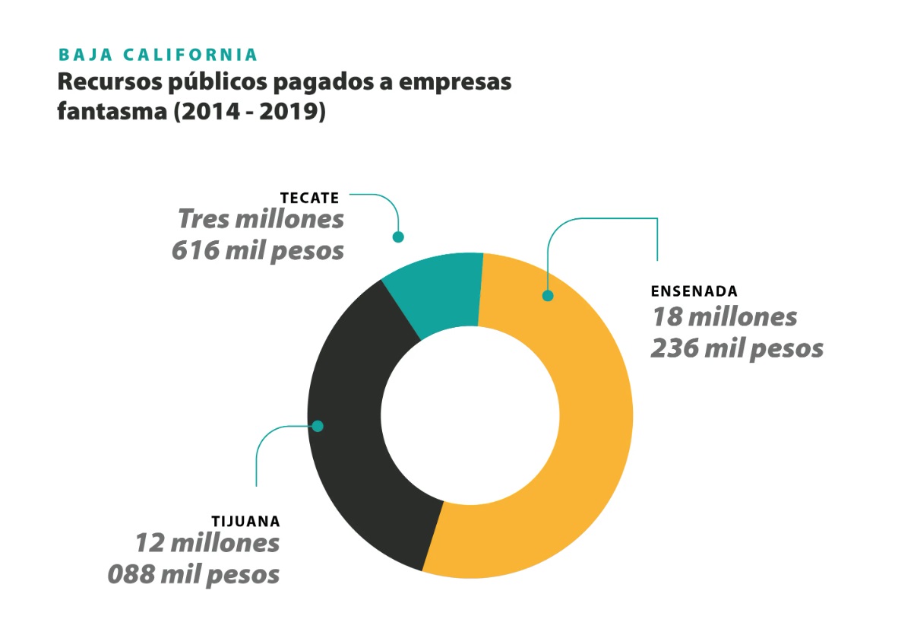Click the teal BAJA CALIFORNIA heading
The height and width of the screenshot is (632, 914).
click(158, 55)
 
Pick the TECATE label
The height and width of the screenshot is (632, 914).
click(309, 198)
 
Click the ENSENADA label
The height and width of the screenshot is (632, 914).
click(694, 291)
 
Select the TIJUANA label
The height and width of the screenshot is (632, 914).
click(245, 522)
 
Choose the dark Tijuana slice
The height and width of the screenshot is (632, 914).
click(357, 426)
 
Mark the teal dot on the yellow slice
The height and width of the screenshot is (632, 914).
click(547, 296)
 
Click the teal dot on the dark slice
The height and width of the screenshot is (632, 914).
click(318, 426)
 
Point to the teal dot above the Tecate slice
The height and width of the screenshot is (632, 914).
click(397, 237)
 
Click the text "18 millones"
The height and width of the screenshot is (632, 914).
click(724, 316)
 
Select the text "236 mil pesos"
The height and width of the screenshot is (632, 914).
click(737, 348)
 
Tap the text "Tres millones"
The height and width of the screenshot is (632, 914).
click(261, 220)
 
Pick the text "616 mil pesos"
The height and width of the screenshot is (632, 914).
click(258, 250)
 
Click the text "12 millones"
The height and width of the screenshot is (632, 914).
click(207, 543)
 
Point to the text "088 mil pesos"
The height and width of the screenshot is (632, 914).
click(194, 573)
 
